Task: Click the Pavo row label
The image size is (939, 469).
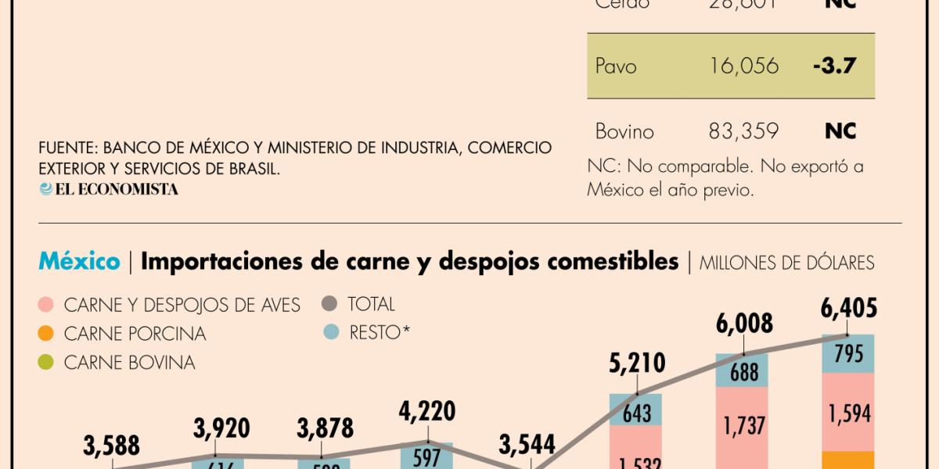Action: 616,66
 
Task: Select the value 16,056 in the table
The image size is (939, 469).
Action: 743,66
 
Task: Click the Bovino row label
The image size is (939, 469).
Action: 624,131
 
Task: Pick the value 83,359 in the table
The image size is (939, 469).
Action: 743,131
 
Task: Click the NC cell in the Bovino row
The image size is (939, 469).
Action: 840,131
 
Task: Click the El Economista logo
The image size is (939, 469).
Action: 109,189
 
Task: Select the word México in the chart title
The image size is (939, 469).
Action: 79,262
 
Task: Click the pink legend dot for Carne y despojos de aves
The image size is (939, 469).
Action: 46,305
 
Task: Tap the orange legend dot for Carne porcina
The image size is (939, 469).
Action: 46,334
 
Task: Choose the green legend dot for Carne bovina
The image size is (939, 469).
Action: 46,363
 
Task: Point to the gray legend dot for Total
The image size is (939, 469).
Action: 330,304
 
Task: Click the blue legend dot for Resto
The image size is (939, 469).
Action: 330,332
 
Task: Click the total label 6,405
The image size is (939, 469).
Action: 848,309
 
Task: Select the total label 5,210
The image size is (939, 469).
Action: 637,363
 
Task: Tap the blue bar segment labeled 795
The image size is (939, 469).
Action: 848,354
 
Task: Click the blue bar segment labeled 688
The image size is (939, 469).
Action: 743,372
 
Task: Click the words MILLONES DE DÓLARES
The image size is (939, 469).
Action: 786,263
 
